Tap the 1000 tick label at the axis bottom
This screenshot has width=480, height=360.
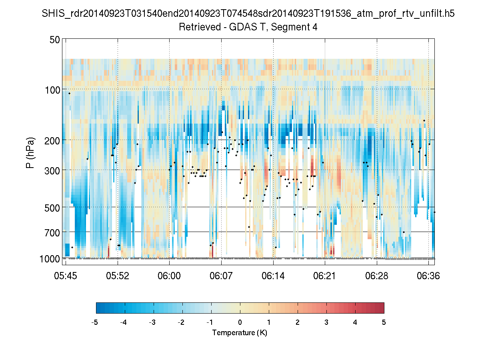50,259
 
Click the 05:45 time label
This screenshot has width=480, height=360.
66,276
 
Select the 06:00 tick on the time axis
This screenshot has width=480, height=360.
169,276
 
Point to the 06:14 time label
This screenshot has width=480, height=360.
273,276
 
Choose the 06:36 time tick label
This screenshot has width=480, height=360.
428,276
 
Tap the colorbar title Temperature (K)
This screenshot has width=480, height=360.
240,333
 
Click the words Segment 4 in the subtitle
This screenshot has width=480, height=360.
296,27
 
